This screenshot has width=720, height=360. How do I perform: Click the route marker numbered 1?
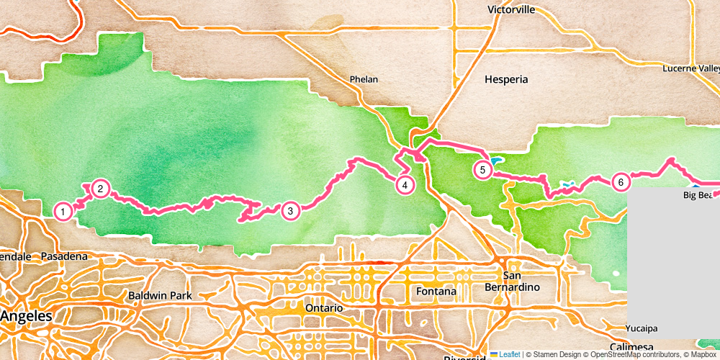63,212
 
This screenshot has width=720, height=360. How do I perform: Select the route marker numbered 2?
101,189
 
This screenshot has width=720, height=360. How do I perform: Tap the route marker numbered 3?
290,211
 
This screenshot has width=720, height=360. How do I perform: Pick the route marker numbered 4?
405,185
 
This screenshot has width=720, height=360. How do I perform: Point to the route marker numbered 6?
621,182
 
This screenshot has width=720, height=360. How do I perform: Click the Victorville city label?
511,10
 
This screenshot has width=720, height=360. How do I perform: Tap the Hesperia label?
506,79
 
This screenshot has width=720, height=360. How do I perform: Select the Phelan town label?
364,79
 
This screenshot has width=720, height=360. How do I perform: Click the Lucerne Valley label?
691,68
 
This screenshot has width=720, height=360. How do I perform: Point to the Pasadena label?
64,256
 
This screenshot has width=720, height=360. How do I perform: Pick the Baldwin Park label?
158,295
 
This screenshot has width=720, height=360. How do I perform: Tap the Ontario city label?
324,307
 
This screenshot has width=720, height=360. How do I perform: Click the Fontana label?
436,292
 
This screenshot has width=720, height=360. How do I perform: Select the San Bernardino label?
522,282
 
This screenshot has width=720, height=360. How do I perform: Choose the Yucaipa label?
642,328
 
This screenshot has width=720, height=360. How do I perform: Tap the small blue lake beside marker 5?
497,161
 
